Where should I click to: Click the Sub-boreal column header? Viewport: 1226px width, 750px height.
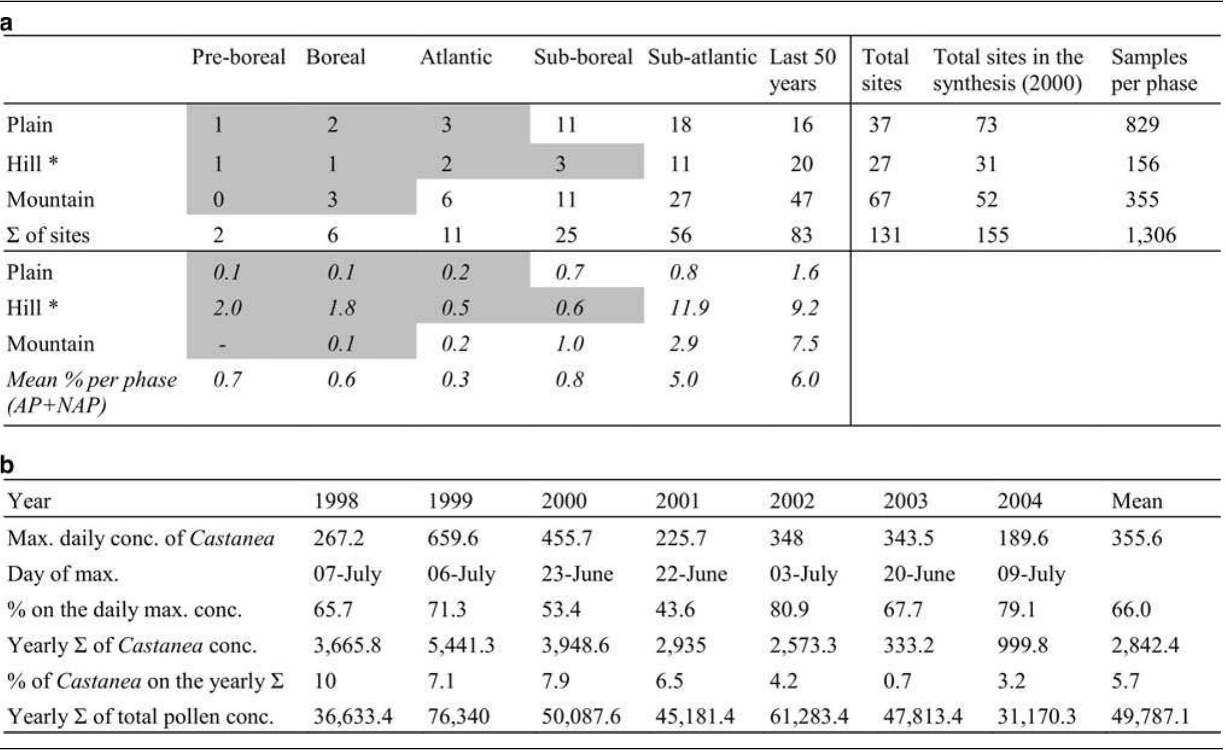click(x=583, y=57)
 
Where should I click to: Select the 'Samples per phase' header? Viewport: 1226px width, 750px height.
click(x=1153, y=70)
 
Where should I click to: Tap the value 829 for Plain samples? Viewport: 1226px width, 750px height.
click(x=1142, y=125)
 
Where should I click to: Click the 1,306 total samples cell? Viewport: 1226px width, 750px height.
click(x=1151, y=235)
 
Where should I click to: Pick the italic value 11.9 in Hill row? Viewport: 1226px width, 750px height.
click(x=689, y=308)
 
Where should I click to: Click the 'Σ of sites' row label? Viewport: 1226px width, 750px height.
click(x=48, y=235)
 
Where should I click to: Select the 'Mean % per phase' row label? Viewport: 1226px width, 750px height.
click(x=92, y=392)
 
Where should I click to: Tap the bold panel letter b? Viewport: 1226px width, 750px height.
click(x=7, y=465)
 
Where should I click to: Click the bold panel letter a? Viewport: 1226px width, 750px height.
click(x=7, y=24)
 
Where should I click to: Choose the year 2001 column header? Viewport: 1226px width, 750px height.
click(x=677, y=501)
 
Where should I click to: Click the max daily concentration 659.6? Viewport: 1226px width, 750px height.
click(x=452, y=537)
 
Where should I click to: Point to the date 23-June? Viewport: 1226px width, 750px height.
click(x=577, y=573)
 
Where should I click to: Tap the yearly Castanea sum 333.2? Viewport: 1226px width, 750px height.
click(x=908, y=645)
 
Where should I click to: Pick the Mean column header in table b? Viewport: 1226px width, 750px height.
click(x=1136, y=501)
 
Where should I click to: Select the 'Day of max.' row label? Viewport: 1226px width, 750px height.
click(x=63, y=573)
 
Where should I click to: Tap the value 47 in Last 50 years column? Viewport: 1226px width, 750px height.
click(x=801, y=200)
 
